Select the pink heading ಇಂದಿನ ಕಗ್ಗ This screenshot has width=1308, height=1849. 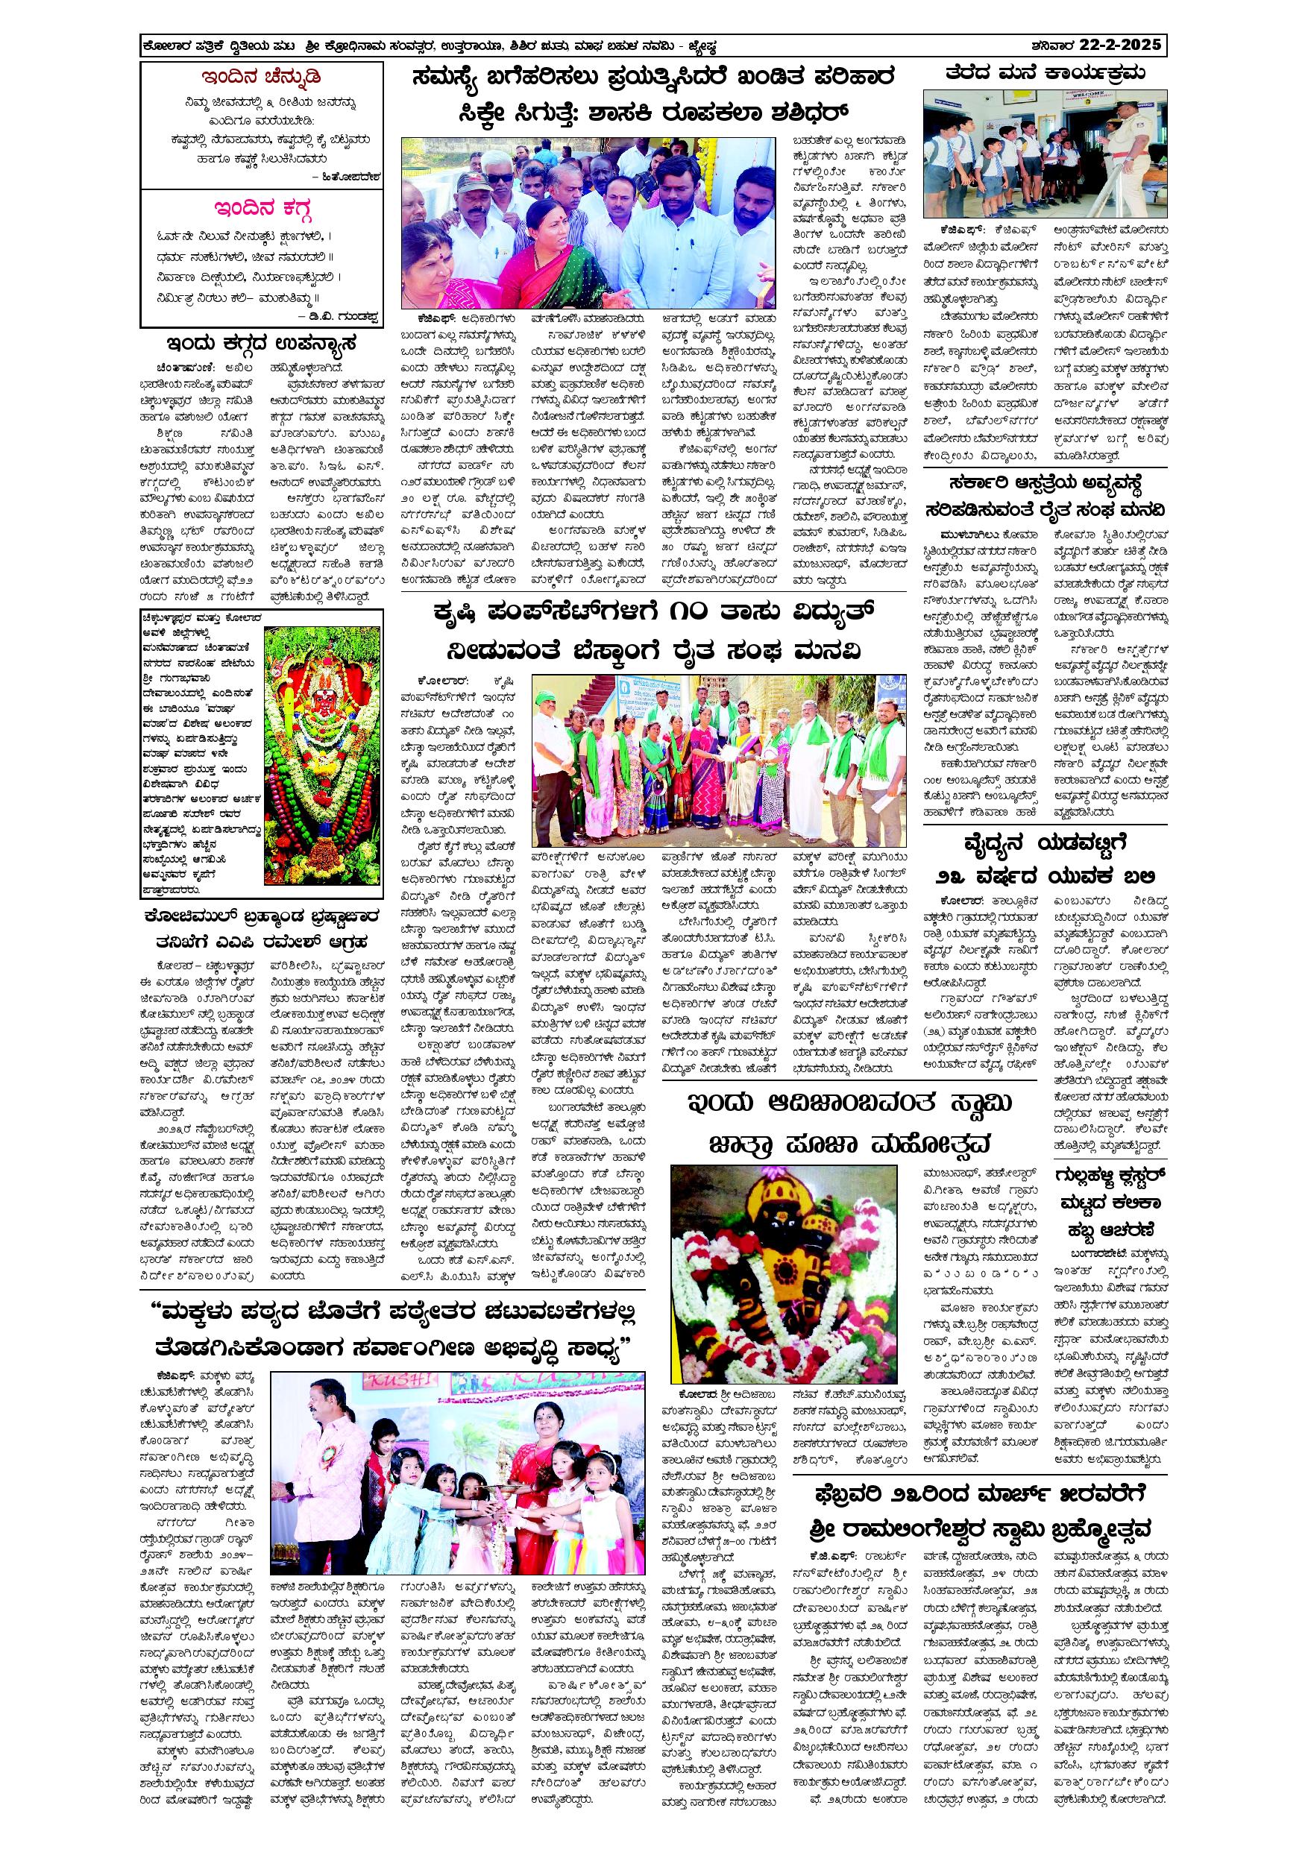(262, 210)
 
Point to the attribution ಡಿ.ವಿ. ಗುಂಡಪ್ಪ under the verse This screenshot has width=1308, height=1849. (342, 315)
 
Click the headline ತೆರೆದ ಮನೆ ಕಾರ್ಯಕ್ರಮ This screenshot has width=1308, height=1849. (1046, 73)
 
